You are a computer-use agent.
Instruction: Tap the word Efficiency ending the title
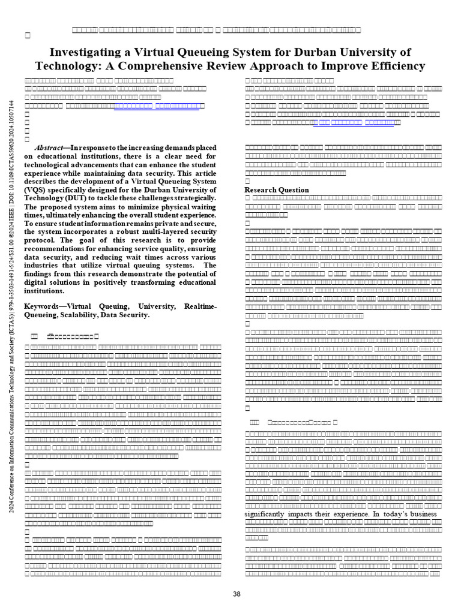[391, 66]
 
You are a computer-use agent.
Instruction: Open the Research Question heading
[277, 190]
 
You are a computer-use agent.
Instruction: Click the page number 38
[237, 594]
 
